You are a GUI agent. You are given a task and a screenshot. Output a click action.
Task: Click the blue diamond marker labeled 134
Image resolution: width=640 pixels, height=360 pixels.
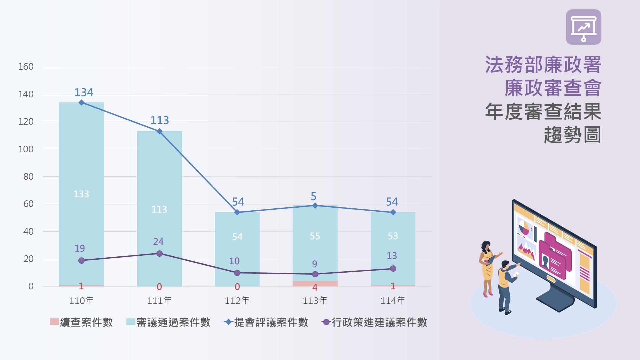81,103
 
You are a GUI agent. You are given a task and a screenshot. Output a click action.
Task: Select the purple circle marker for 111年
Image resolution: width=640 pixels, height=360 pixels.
159,254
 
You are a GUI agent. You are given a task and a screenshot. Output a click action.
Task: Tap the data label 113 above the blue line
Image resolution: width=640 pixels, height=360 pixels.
160,120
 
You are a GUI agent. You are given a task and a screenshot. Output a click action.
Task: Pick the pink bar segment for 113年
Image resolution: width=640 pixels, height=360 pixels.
315,284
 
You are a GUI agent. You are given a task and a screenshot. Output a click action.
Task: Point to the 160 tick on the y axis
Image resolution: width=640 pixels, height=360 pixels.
26,67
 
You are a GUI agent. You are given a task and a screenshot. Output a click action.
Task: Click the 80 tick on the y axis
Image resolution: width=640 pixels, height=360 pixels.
28,177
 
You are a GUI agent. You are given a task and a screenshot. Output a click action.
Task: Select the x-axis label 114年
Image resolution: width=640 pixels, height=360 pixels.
393,301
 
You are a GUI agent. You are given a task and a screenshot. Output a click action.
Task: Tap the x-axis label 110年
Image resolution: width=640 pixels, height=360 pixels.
81,301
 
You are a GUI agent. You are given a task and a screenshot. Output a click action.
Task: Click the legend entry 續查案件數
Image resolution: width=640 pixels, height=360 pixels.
82,322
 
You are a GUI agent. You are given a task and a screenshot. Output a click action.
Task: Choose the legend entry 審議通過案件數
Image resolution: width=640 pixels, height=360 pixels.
168,322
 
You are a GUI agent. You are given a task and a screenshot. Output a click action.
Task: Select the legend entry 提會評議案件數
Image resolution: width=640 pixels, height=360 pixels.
266,322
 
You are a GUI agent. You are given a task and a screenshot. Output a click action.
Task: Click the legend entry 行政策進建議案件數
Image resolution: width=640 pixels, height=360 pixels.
374,322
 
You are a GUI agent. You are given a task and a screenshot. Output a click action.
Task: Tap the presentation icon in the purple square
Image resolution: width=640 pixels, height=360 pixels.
583,27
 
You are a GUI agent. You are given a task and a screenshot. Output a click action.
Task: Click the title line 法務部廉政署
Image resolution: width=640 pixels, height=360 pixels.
543,65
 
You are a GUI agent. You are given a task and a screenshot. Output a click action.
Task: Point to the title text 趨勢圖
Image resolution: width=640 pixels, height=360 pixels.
572,135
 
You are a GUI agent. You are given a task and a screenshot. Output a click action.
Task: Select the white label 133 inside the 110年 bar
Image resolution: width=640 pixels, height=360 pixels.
81,194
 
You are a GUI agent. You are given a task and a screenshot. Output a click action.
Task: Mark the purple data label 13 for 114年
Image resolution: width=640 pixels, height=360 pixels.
392,256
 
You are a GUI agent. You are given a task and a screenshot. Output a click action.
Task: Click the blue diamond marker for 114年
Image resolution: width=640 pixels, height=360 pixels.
393,212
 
